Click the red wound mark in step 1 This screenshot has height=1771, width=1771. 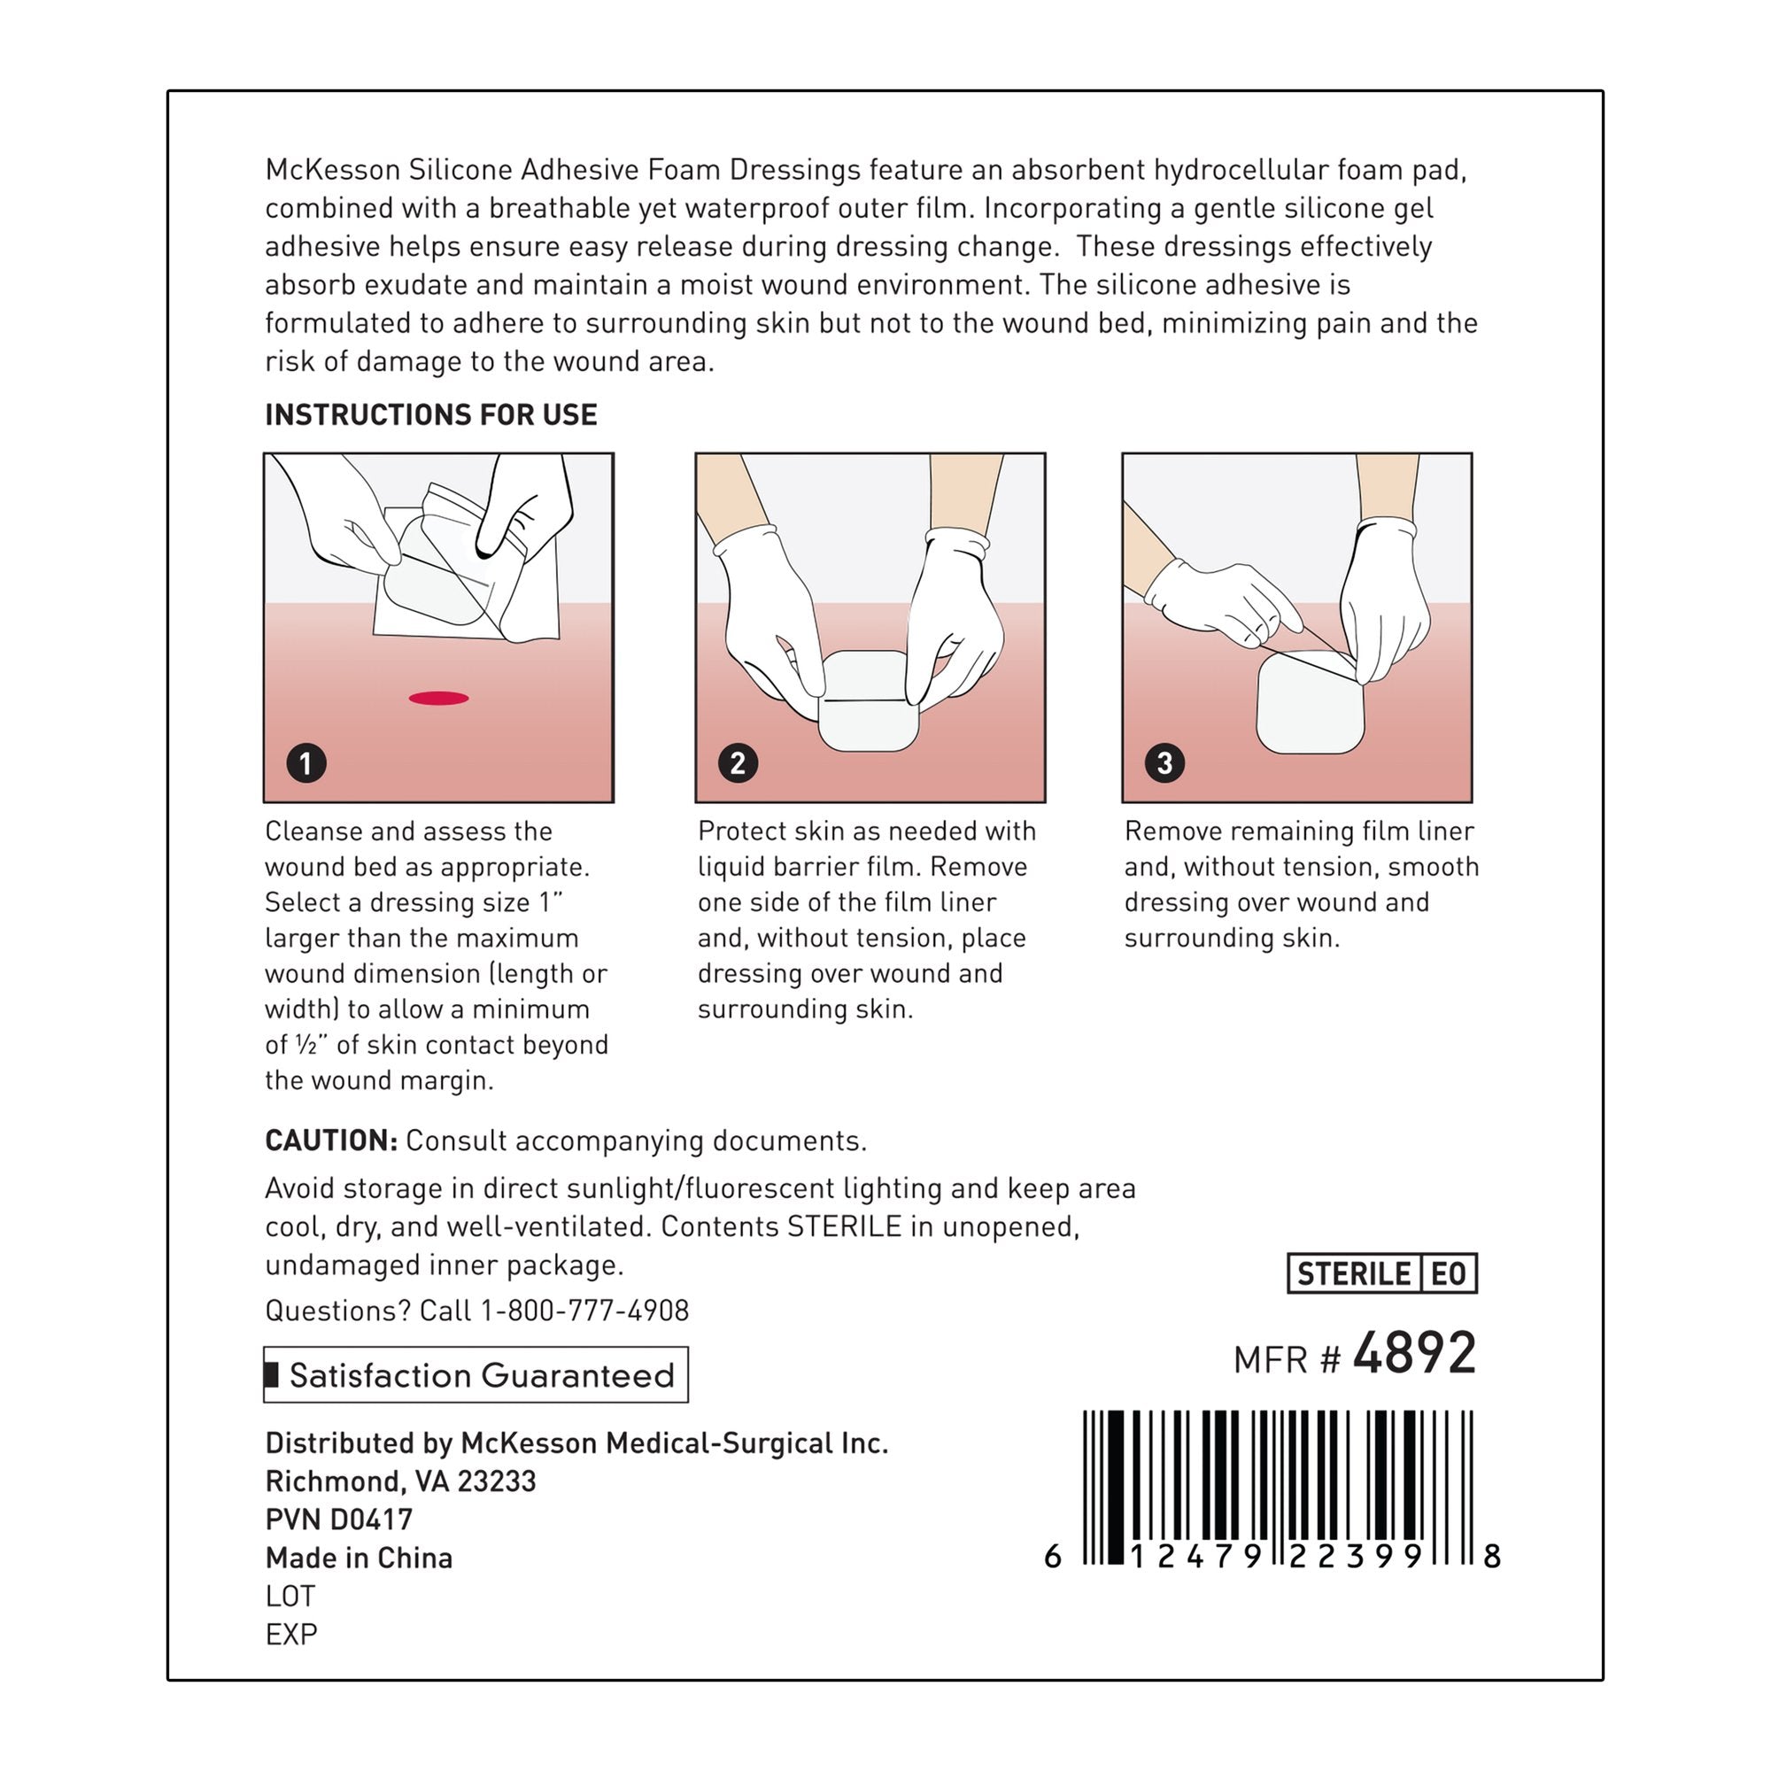(438, 699)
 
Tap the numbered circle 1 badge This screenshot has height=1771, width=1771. (306, 762)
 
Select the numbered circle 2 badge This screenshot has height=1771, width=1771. (738, 762)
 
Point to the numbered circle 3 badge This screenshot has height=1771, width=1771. (1164, 762)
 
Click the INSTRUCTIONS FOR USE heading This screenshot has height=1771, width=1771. (431, 415)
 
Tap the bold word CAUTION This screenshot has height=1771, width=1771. (331, 1141)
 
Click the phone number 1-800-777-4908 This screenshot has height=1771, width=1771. (584, 1310)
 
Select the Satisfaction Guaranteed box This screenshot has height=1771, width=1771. (476, 1375)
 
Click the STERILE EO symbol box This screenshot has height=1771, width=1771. (1381, 1273)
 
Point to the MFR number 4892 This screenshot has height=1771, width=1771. (1414, 1354)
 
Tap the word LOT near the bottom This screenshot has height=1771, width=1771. (290, 1596)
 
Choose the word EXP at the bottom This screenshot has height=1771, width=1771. (291, 1635)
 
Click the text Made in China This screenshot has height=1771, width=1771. (359, 1558)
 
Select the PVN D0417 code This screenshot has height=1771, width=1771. (338, 1519)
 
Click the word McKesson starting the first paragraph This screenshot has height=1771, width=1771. (332, 170)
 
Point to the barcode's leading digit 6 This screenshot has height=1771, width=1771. (1053, 1557)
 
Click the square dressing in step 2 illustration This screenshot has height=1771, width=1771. (867, 704)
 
